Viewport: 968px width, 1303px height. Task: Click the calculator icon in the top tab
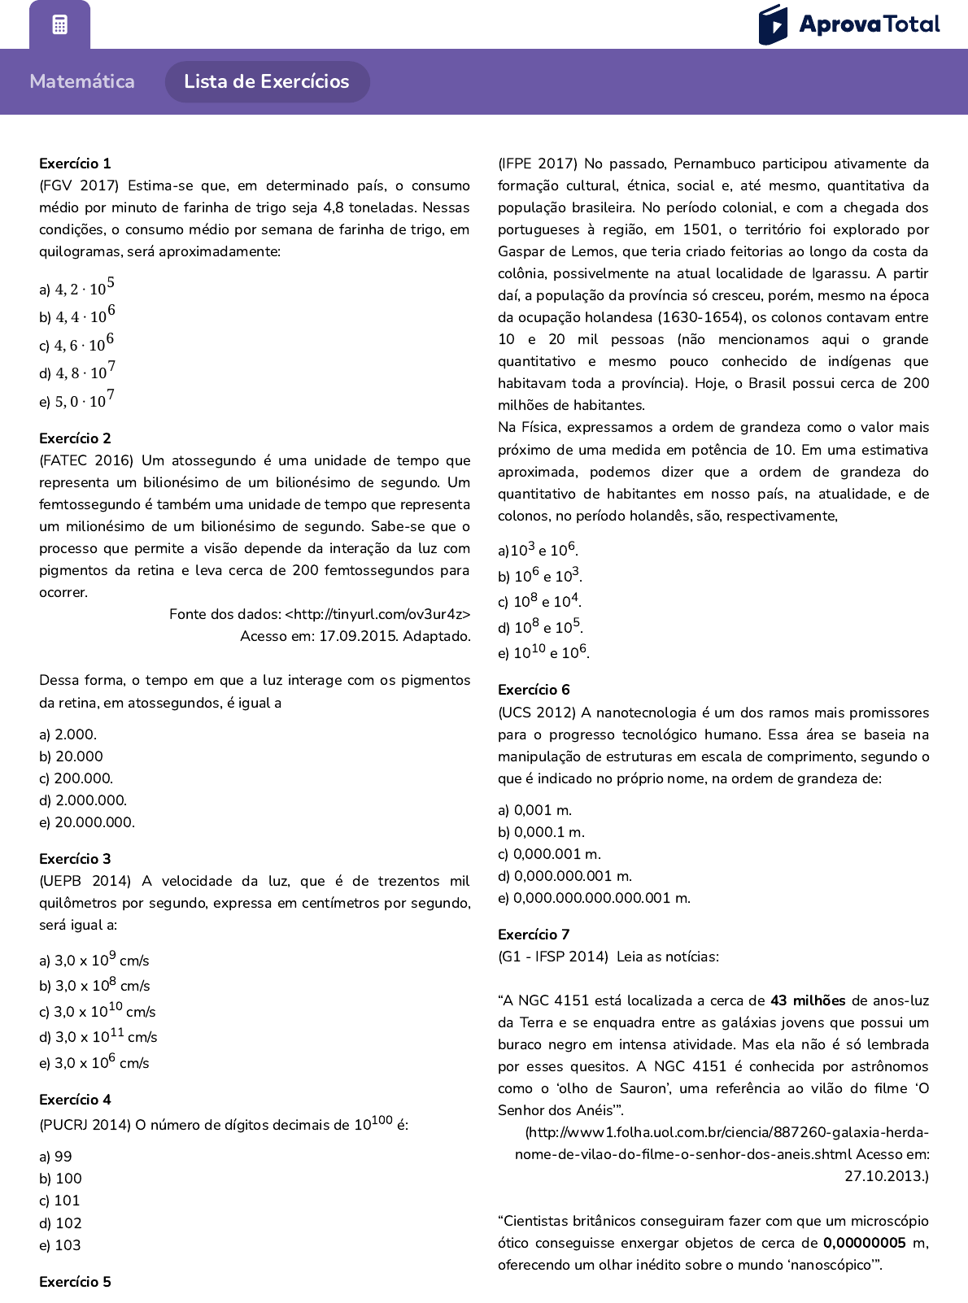59,24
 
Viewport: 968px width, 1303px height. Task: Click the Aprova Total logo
848,24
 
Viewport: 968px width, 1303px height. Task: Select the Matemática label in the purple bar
82,81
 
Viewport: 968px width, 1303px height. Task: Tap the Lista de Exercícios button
267,81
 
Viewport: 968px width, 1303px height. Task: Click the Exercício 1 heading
75,163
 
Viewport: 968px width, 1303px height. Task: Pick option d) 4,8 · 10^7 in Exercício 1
77,372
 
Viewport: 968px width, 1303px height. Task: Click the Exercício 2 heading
75,438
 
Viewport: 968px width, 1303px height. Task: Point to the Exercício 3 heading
75,859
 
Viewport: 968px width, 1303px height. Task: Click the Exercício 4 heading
75,1100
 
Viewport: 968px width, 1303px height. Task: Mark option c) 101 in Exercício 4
59,1201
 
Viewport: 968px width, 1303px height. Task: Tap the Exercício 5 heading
75,1282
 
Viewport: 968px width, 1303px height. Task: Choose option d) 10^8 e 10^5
540,627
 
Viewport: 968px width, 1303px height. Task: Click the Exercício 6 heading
534,690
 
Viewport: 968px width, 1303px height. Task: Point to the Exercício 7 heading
534,935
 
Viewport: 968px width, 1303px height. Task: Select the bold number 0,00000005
865,1243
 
